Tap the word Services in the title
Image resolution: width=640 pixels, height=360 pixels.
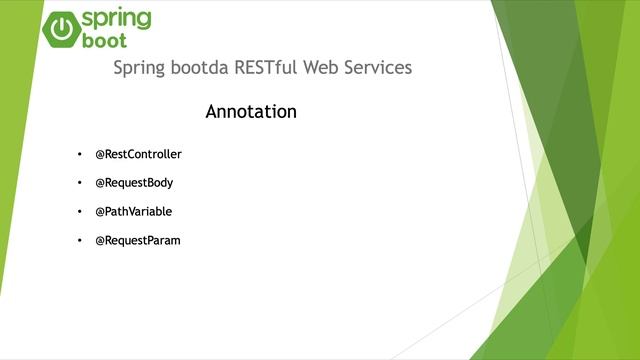click(x=381, y=68)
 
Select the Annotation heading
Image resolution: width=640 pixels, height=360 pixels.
click(x=251, y=112)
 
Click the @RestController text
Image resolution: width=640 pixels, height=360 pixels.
click(x=138, y=155)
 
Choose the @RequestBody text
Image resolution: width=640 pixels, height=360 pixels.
click(x=134, y=183)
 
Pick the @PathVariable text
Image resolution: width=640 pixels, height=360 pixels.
click(x=133, y=212)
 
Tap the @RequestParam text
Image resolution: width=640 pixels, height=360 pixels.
click(x=137, y=241)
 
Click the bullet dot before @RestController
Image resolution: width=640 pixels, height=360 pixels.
click(x=79, y=155)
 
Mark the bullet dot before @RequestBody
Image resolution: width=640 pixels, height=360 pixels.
click(x=79, y=184)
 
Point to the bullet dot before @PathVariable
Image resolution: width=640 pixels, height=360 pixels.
click(x=79, y=212)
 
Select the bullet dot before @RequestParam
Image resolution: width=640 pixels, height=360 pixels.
click(x=79, y=241)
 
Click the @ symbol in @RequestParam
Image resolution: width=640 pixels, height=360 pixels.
click(x=100, y=241)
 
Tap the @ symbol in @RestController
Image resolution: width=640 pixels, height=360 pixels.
click(x=100, y=155)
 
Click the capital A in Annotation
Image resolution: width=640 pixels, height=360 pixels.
click(x=212, y=112)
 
